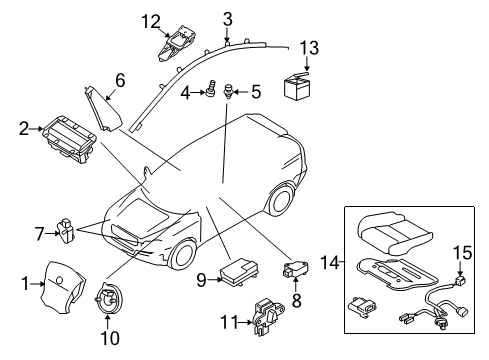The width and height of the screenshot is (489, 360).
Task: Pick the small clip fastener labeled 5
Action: pos(229,91)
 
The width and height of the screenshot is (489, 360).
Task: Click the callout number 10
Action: pos(111,338)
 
